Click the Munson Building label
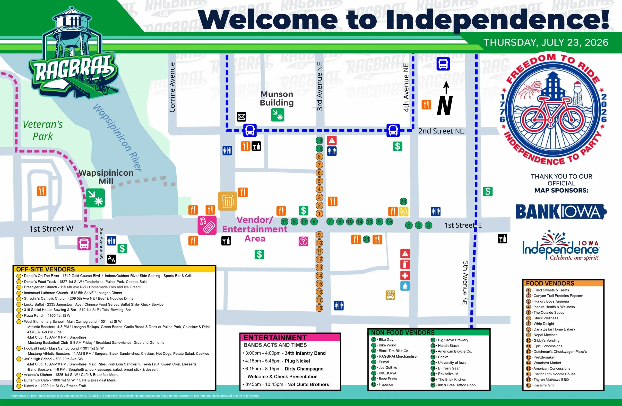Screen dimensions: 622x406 click(x=277, y=98)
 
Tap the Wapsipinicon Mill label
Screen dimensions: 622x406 click(x=106, y=177)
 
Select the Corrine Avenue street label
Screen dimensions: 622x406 click(x=172, y=87)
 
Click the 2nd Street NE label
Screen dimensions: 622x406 click(x=441, y=131)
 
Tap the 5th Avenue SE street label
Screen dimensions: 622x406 click(x=465, y=283)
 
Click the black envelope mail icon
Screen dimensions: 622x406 click(x=242, y=117)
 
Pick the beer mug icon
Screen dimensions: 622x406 click(x=228, y=201)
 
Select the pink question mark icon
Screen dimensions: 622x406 click(x=303, y=241)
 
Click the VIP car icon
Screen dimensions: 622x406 click(x=390, y=295)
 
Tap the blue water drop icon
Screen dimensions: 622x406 click(x=405, y=286)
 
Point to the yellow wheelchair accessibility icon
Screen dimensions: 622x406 click(x=404, y=211)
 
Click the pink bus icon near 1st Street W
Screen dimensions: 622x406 click(x=84, y=244)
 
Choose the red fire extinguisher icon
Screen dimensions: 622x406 click(x=405, y=264)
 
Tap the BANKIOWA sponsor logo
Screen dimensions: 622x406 click(x=561, y=212)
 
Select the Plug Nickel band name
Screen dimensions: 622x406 click(x=297, y=361)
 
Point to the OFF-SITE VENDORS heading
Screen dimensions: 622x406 click(x=45, y=269)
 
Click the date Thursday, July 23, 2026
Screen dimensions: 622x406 click(x=546, y=42)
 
